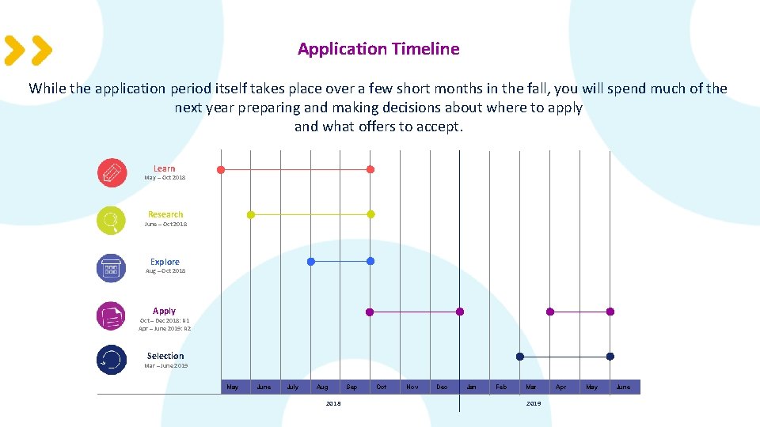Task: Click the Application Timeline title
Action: [x=378, y=49]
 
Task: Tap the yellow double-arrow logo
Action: [x=28, y=50]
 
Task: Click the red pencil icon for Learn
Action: [x=112, y=172]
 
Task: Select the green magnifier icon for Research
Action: [x=112, y=221]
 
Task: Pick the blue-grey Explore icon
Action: [x=112, y=267]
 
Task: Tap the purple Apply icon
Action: [x=112, y=316]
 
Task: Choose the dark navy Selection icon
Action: [x=112, y=360]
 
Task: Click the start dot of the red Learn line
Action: [x=221, y=169]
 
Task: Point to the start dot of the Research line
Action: [x=251, y=214]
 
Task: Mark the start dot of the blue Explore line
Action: [x=311, y=261]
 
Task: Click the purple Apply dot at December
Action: [x=460, y=312]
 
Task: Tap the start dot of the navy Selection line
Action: [x=520, y=357]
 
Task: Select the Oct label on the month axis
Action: [x=382, y=387]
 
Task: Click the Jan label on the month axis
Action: [x=472, y=387]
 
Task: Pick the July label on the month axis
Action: [x=293, y=387]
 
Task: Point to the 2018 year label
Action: [x=333, y=403]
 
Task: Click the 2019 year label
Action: [x=534, y=403]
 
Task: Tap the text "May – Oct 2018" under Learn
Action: [x=165, y=177]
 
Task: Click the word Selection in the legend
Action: [x=165, y=356]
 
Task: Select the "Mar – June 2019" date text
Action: [x=166, y=365]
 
